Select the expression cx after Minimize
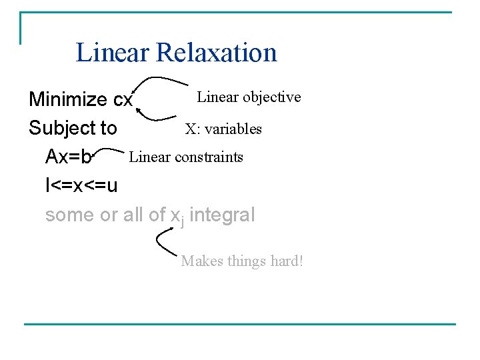point(123,100)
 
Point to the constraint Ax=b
point(69,157)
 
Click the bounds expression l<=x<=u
point(81,185)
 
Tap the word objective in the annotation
point(271,97)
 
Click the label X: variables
point(223,129)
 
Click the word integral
point(222,215)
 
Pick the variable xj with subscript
point(177,216)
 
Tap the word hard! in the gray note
point(287,261)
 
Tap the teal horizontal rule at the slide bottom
point(240,325)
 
